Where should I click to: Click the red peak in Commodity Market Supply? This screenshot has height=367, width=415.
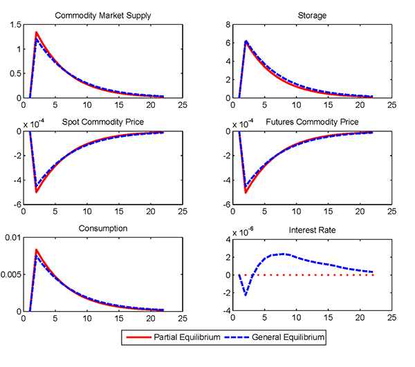(36, 32)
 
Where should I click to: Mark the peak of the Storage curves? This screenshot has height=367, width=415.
(246, 41)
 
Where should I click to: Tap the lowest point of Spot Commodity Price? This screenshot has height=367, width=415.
(36, 191)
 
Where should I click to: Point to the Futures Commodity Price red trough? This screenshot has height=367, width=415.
(246, 192)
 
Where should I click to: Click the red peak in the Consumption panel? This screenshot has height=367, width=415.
(36, 250)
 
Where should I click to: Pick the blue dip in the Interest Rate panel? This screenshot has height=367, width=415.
(246, 295)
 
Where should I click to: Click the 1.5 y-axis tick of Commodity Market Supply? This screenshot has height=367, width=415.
(15, 25)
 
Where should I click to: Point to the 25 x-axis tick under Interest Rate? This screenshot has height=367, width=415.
(391, 319)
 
